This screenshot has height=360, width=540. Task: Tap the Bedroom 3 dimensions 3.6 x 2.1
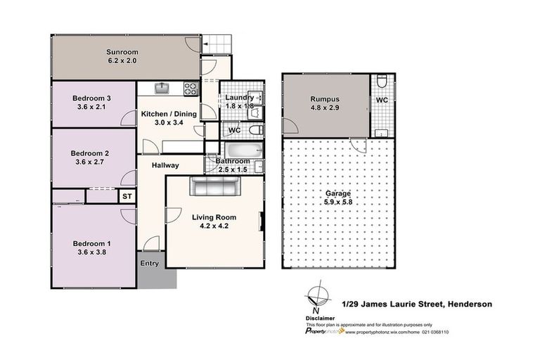click(94, 108)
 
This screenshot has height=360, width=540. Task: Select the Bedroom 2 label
click(94, 152)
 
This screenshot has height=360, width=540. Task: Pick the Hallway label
click(166, 165)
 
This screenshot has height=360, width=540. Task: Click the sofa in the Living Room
click(214, 187)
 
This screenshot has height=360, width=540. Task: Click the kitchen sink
click(161, 88)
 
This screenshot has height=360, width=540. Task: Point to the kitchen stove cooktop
click(190, 88)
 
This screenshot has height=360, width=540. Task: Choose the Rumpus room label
click(325, 99)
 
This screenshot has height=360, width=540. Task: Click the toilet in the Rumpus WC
click(380, 83)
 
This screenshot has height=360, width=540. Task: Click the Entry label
click(150, 264)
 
